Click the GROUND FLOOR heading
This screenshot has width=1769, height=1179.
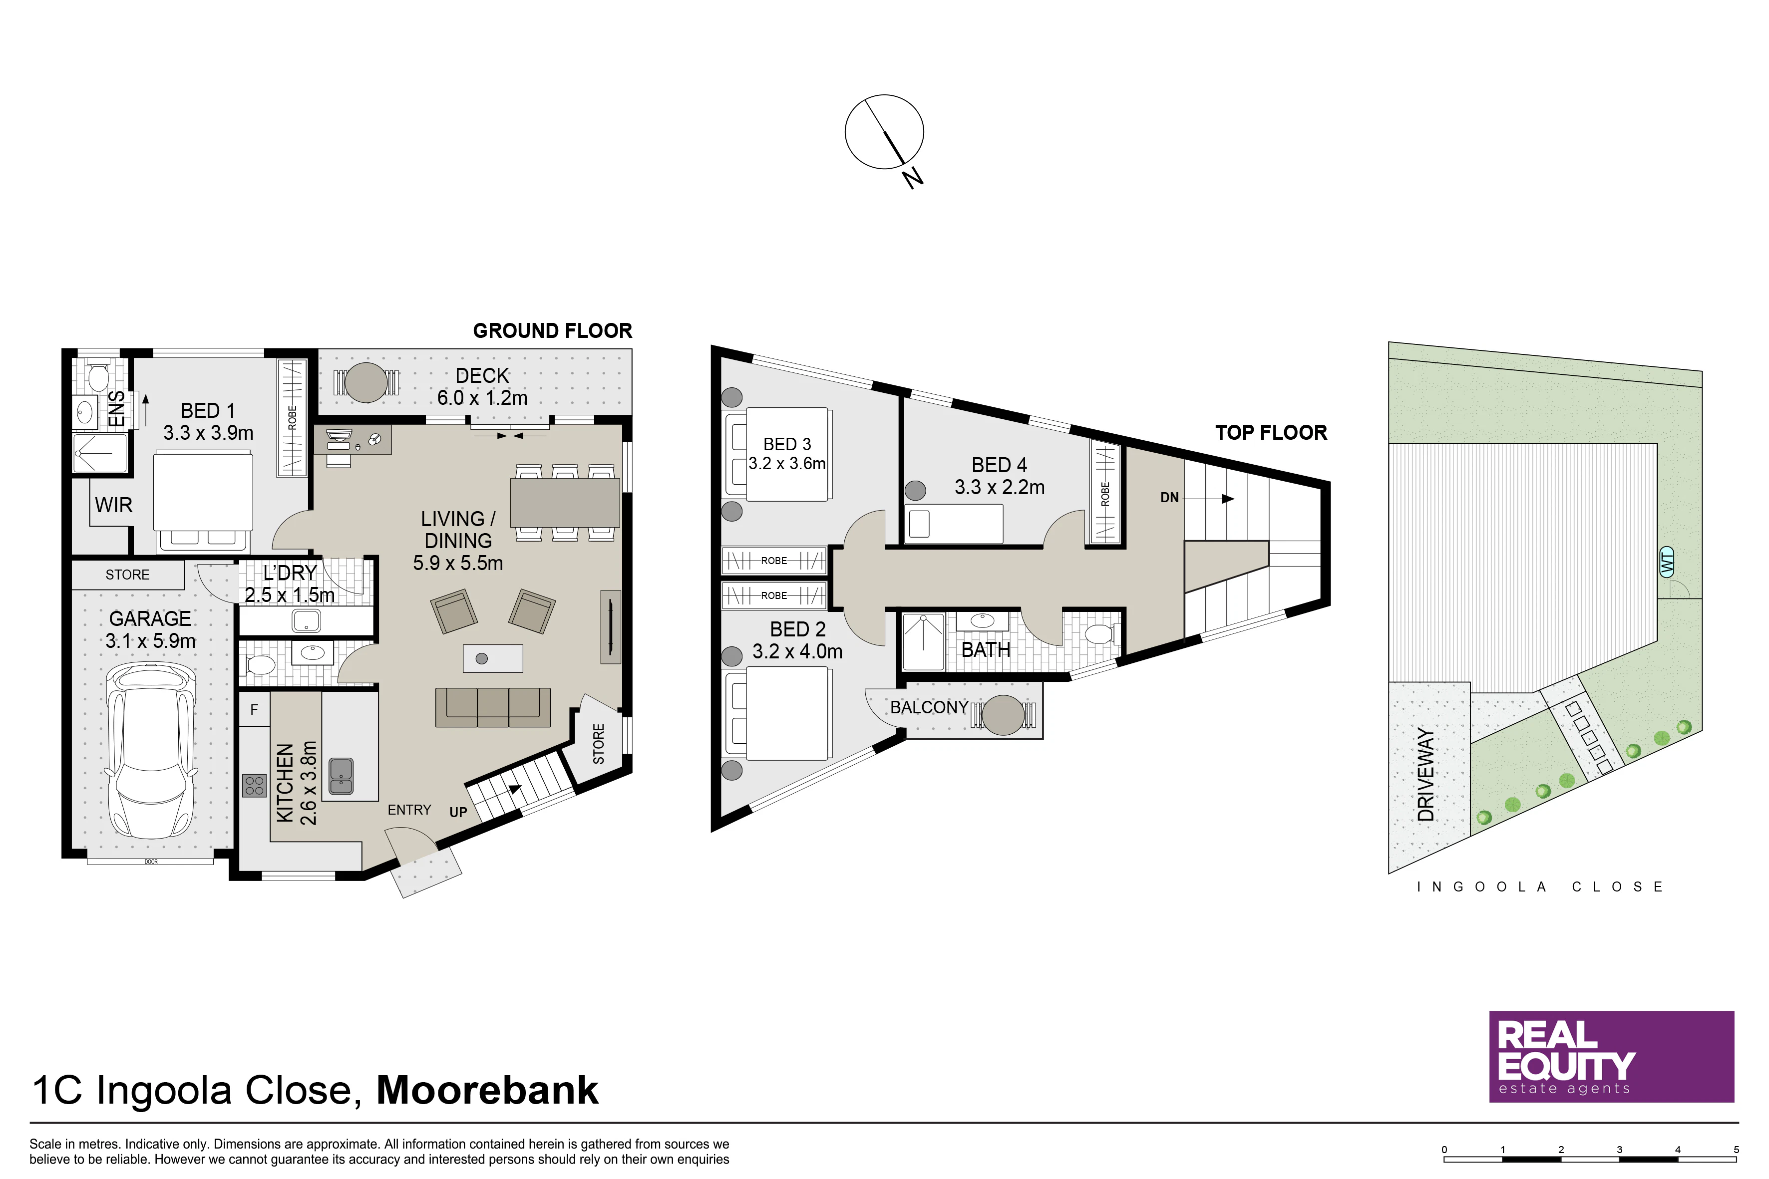point(552,331)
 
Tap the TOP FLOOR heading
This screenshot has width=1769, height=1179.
point(1271,432)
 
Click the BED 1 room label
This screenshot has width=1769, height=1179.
point(208,410)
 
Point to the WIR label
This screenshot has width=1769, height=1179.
point(113,505)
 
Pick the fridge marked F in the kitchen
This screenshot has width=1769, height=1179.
point(254,710)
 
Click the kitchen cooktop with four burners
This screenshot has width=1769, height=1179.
point(254,786)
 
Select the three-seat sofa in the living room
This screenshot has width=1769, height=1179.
point(493,708)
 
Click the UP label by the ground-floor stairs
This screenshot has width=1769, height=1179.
point(458,812)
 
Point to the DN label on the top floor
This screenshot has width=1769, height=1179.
point(1169,497)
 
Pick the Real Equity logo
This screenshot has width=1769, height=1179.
point(1612,1056)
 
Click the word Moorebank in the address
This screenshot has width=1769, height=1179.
point(487,1090)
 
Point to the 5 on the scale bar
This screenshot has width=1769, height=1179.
point(1736,1150)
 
